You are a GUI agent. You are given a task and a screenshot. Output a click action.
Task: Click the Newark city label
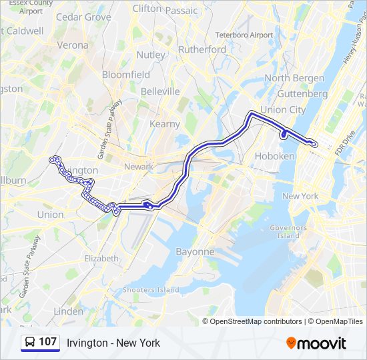click(x=138, y=166)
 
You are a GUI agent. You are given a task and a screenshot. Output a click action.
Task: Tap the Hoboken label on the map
click(x=274, y=156)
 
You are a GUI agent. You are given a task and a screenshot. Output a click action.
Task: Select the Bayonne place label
click(x=195, y=252)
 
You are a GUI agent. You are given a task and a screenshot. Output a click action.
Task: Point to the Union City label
click(x=283, y=109)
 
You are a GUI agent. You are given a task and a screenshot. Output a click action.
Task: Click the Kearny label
click(x=165, y=124)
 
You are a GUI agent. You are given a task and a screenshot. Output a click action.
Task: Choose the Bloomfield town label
click(x=126, y=75)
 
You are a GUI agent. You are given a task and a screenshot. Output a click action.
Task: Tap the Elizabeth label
click(x=101, y=258)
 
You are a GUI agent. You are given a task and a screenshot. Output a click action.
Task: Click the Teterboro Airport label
click(x=244, y=35)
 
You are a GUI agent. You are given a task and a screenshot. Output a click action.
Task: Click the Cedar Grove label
click(x=83, y=17)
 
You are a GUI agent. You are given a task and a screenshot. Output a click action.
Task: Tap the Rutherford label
click(x=202, y=49)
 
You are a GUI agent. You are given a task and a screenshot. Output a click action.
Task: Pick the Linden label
click(x=68, y=311)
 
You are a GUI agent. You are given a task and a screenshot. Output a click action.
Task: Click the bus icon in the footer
click(x=30, y=343)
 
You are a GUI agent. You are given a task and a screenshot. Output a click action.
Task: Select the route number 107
click(x=48, y=342)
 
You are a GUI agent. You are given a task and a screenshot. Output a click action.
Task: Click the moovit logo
click(x=316, y=343)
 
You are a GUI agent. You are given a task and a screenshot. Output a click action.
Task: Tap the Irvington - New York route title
click(x=113, y=343)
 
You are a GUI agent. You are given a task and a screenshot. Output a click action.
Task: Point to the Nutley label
click(x=151, y=55)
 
